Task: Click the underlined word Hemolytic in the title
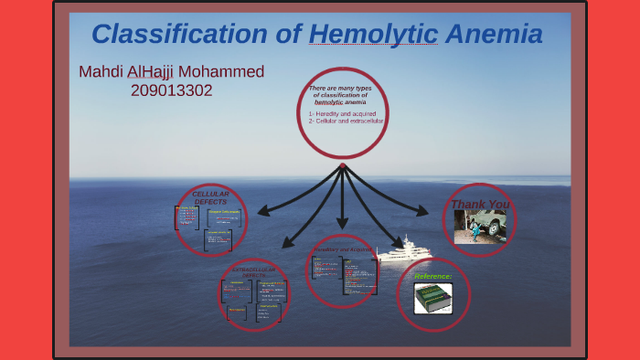coord(374,35)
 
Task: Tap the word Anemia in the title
coord(494,35)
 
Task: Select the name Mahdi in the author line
coord(103,71)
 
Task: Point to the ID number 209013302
coord(172,90)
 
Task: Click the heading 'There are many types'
coord(341,88)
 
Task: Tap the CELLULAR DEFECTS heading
coord(210,198)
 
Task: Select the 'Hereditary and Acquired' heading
coord(342,249)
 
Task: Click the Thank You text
coord(480,204)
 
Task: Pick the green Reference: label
coord(433,276)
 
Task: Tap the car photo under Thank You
coord(480,227)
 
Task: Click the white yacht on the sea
coord(402,252)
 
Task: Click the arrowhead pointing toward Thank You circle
coord(421,212)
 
